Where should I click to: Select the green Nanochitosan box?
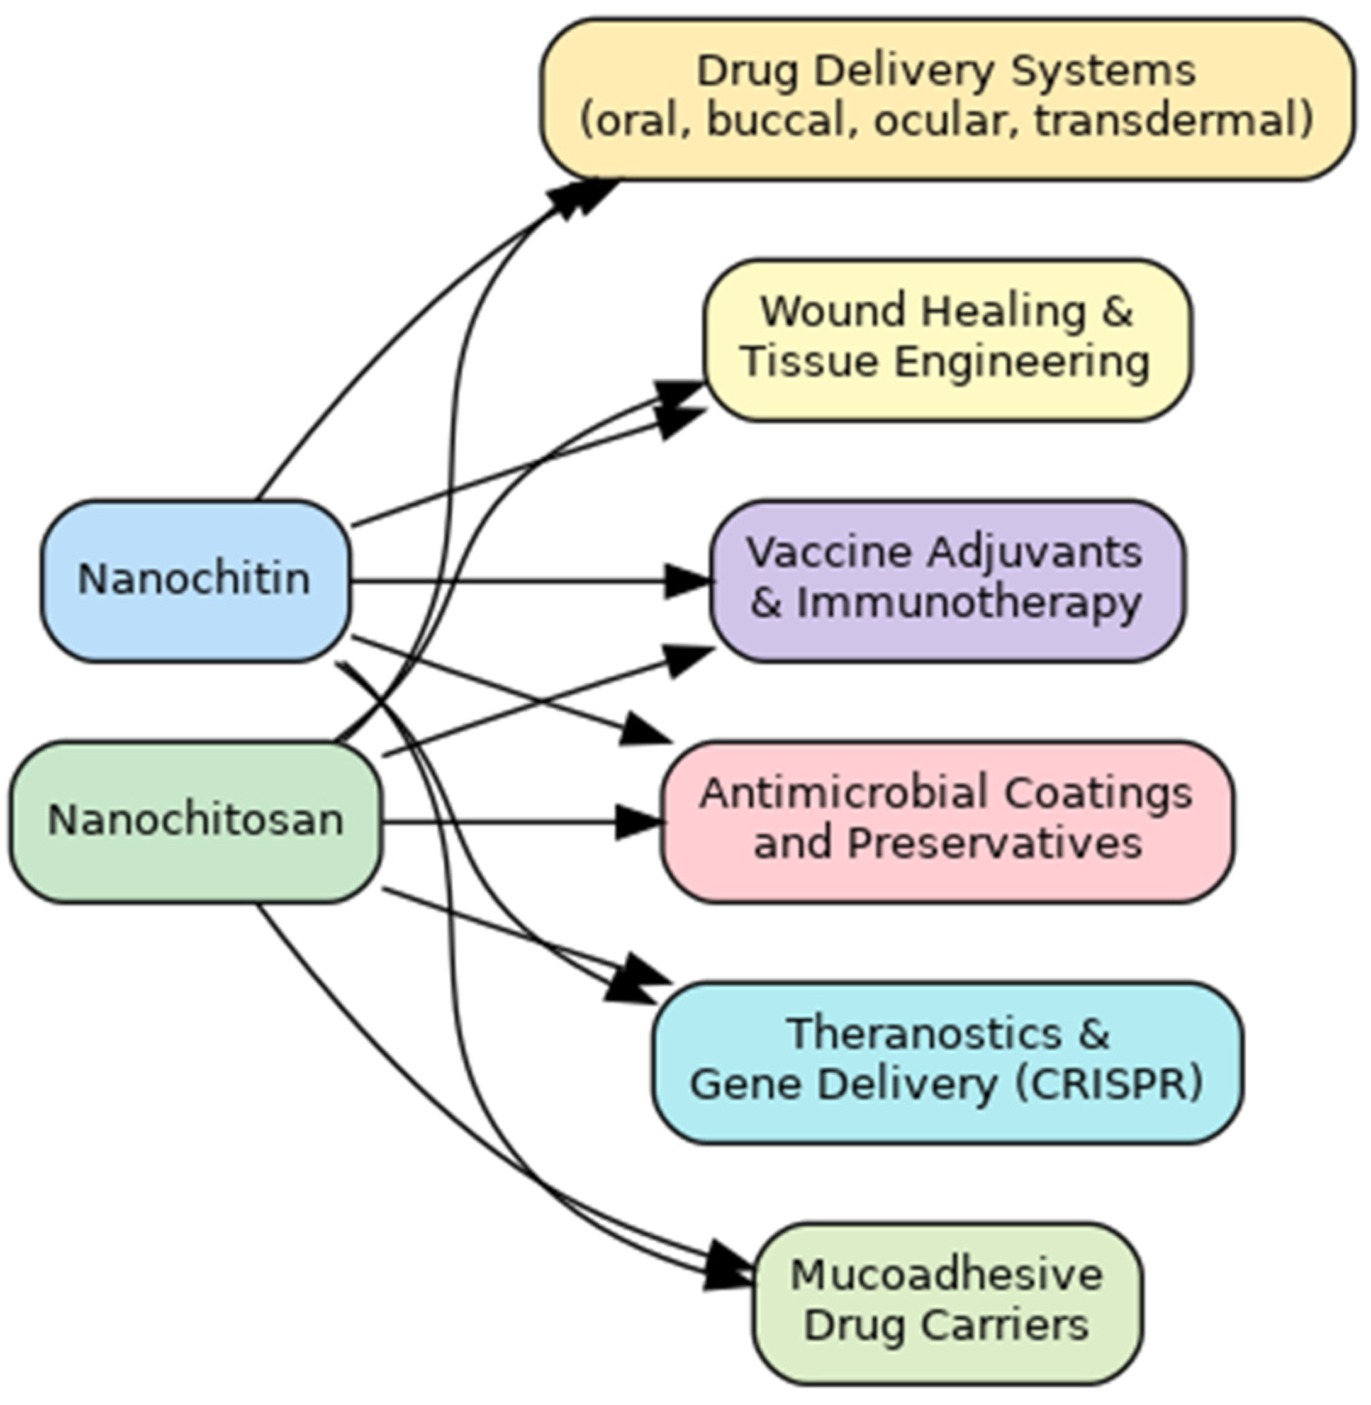194,821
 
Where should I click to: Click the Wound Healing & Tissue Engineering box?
946,339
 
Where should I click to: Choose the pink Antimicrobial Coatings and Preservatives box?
946,821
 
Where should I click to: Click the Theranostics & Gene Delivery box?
946,1061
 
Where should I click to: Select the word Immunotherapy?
968,603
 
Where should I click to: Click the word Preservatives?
994,844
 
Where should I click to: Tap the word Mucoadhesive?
946,1276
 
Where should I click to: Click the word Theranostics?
923,1035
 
